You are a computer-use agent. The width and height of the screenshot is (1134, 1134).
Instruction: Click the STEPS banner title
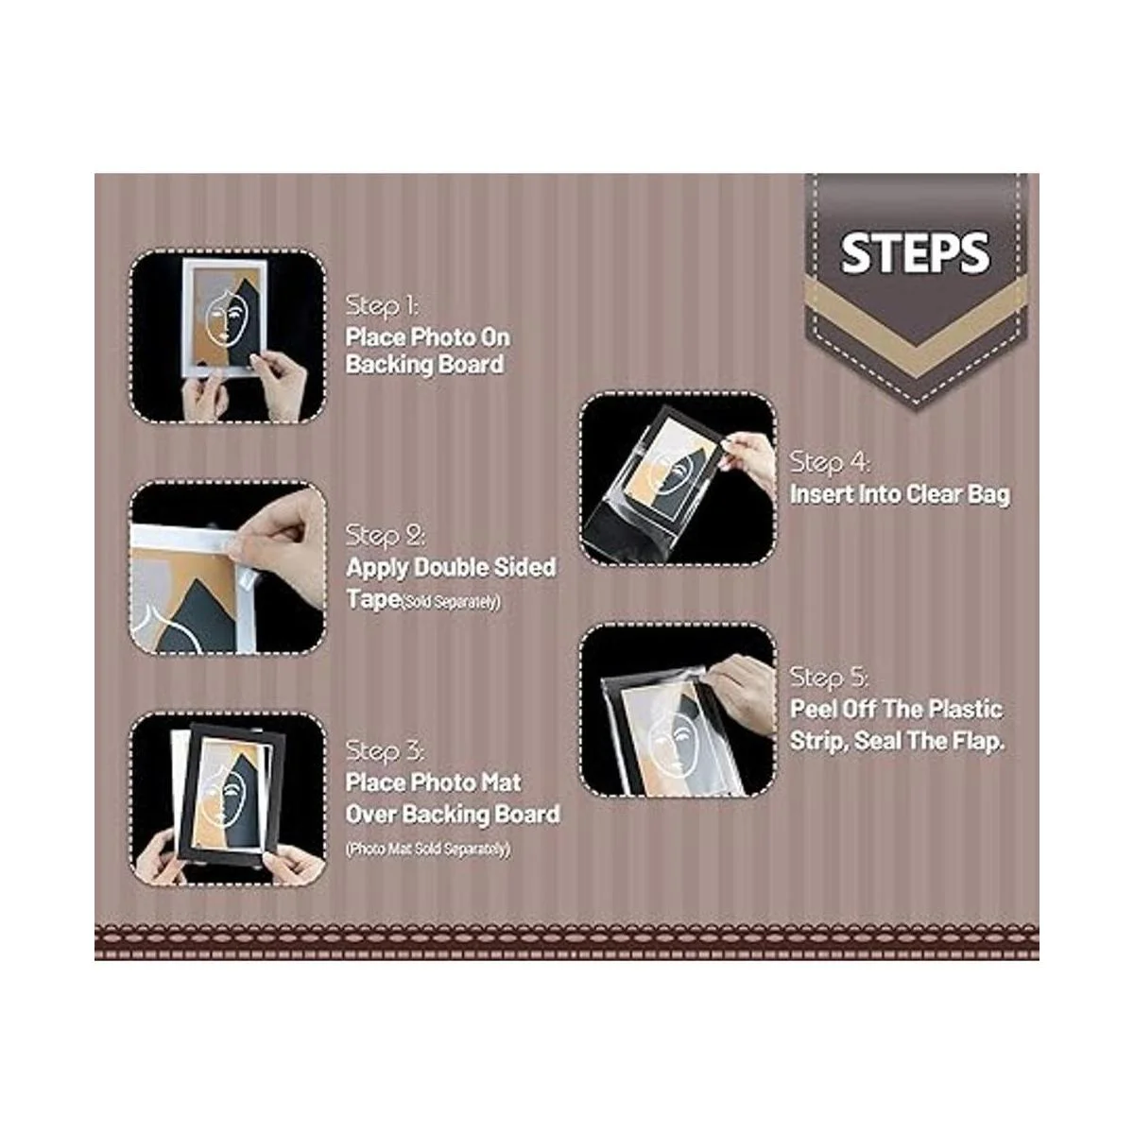(915, 253)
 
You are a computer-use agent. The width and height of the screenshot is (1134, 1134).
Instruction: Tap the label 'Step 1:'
(383, 306)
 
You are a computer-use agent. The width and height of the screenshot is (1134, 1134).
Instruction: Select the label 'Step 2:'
(385, 536)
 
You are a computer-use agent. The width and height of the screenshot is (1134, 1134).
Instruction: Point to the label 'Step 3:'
(385, 751)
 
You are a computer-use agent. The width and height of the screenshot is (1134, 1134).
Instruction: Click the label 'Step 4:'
(830, 462)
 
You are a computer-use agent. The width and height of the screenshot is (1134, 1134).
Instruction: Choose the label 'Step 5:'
(829, 678)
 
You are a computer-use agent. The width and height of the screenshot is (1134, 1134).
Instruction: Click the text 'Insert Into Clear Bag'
(900, 494)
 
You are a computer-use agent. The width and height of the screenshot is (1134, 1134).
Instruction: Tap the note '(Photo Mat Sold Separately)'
(428, 849)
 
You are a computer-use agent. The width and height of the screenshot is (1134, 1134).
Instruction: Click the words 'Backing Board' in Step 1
(424, 364)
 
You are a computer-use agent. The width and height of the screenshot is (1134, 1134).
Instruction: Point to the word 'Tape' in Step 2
(373, 599)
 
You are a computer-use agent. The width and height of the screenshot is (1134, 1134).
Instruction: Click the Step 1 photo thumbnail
(227, 336)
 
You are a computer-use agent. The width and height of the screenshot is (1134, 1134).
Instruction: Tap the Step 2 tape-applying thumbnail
(227, 568)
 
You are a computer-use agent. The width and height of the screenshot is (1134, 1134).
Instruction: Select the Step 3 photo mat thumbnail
(227, 799)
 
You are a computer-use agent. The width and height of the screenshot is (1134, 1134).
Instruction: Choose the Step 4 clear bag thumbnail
(678, 480)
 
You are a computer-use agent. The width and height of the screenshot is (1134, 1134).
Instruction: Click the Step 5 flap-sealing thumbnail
(678, 711)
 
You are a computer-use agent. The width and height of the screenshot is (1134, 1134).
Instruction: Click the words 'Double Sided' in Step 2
(485, 567)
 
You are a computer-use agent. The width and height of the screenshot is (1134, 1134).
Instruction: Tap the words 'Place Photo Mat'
(433, 782)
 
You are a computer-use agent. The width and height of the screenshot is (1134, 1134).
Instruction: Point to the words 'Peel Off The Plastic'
(896, 709)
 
